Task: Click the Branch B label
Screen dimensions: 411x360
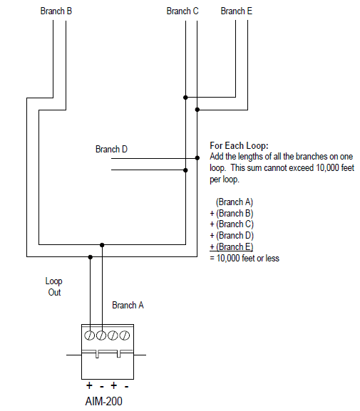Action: tap(56, 11)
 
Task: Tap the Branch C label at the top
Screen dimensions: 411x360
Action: tap(182, 11)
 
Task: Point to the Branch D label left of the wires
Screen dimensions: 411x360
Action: tap(111, 150)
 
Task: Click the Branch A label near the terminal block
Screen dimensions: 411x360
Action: tap(128, 305)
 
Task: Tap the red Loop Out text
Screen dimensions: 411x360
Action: tap(54, 286)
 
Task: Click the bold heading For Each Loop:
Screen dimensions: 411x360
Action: tap(239, 146)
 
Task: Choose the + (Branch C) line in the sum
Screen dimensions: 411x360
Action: tap(231, 224)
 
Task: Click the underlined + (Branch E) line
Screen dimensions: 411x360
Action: tap(231, 246)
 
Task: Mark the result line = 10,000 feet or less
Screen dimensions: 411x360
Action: tap(244, 258)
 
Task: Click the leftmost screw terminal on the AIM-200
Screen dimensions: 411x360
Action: tap(90, 335)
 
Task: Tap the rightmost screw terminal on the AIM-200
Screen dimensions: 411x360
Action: tap(125, 335)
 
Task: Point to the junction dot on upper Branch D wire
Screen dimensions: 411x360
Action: tap(197, 157)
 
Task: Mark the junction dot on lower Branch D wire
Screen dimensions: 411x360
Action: tap(185, 170)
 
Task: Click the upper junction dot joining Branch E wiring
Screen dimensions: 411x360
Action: tap(185, 98)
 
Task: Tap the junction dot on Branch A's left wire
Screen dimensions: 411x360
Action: tap(90, 256)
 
